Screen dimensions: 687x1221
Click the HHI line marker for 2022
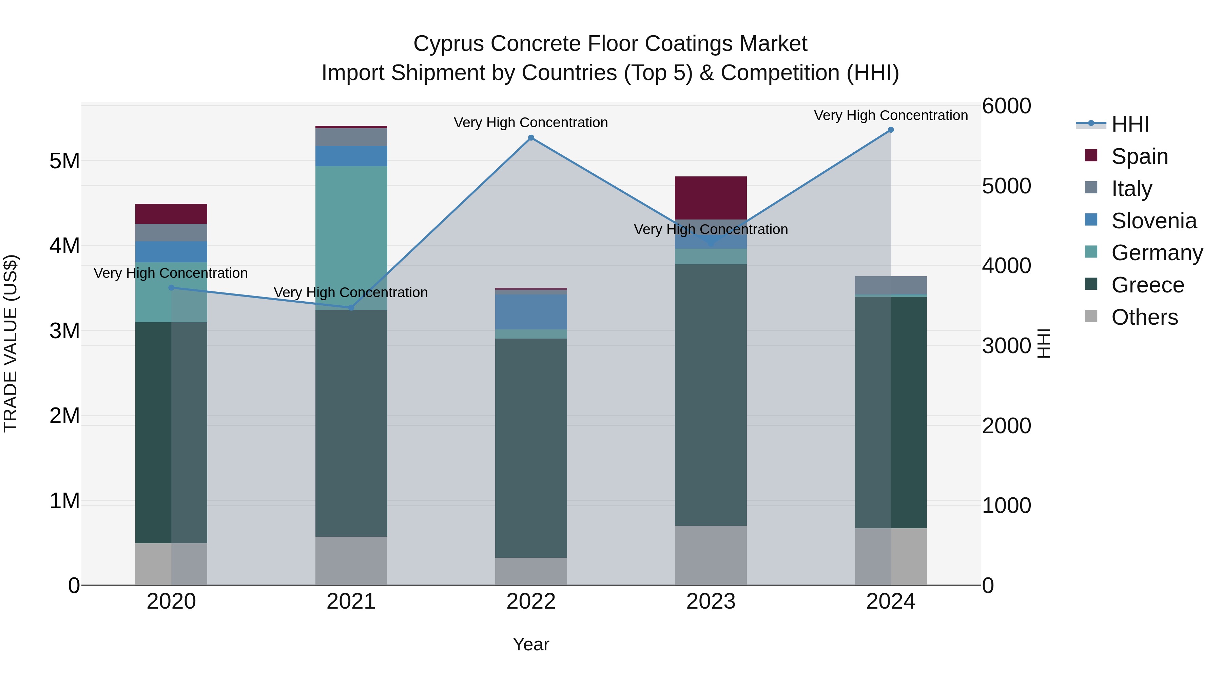pyautogui.click(x=531, y=138)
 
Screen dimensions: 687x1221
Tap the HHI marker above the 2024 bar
pyautogui.click(x=891, y=130)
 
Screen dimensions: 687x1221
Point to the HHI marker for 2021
pyautogui.click(x=351, y=308)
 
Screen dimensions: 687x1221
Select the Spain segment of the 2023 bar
pyautogui.click(x=711, y=198)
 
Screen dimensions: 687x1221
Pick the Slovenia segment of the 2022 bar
pyautogui.click(x=531, y=312)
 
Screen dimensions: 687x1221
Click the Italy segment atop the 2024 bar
pyautogui.click(x=891, y=285)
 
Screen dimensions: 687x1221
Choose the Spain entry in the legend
pyautogui.click(x=1140, y=156)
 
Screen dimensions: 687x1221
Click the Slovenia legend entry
pyautogui.click(x=1154, y=221)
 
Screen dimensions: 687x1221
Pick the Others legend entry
pyautogui.click(x=1144, y=317)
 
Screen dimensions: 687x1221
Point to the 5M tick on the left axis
pyautogui.click(x=64, y=161)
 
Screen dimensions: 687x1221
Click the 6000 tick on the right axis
pyautogui.click(x=1006, y=106)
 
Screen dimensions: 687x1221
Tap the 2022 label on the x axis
pyautogui.click(x=531, y=602)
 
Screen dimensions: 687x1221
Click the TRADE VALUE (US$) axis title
pyautogui.click(x=11, y=343)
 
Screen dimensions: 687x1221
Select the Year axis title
pyautogui.click(x=531, y=644)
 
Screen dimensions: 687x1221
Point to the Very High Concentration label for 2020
pyautogui.click(x=171, y=273)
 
